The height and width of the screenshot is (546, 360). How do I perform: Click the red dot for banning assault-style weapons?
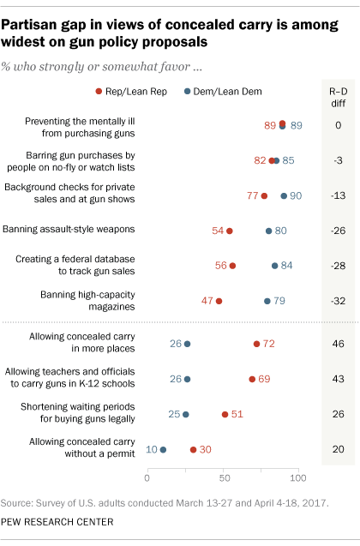(x=229, y=231)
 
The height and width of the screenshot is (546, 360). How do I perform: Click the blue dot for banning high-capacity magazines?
(x=267, y=301)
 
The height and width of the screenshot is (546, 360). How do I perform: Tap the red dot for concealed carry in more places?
(x=256, y=344)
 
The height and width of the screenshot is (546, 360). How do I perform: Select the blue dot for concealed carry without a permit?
(x=163, y=449)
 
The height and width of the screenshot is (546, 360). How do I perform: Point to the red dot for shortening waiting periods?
(x=225, y=414)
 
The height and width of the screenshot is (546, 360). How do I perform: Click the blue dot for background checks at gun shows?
(x=284, y=195)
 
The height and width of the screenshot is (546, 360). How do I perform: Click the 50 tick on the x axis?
(x=223, y=474)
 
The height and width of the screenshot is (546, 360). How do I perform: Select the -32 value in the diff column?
(x=338, y=301)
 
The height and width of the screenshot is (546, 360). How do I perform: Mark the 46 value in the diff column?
(x=338, y=344)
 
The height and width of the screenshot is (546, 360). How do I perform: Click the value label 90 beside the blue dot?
(x=297, y=195)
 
